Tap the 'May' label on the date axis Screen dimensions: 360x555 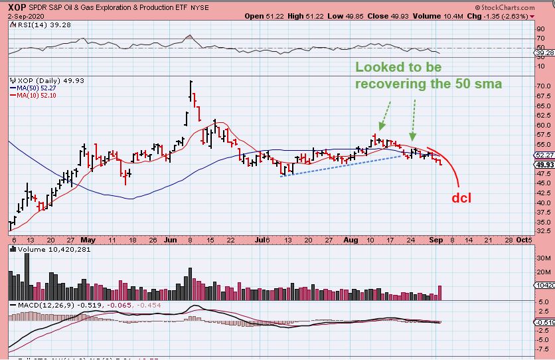click(88, 240)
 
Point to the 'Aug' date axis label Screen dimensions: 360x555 click(351, 240)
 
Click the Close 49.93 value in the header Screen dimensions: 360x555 click(367, 15)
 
